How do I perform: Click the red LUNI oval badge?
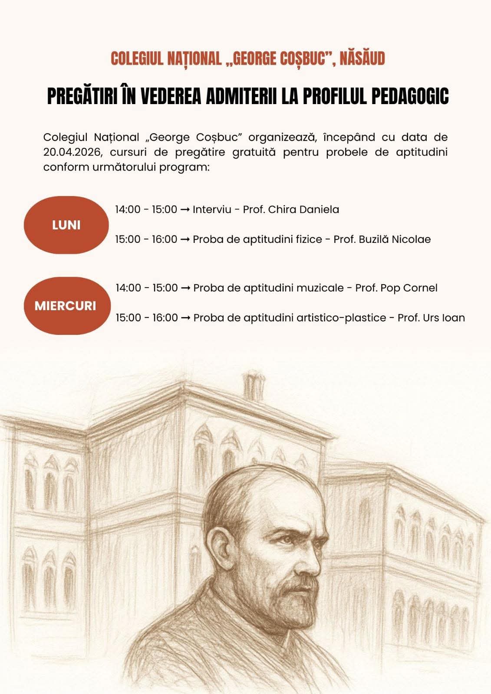pyautogui.click(x=66, y=225)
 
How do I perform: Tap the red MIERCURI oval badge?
pyautogui.click(x=66, y=305)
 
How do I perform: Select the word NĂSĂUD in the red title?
pyautogui.click(x=362, y=59)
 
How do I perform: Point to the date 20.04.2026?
pyautogui.click(x=72, y=152)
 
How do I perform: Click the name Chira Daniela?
pyautogui.click(x=303, y=210)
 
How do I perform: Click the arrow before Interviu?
pyautogui.click(x=185, y=210)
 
